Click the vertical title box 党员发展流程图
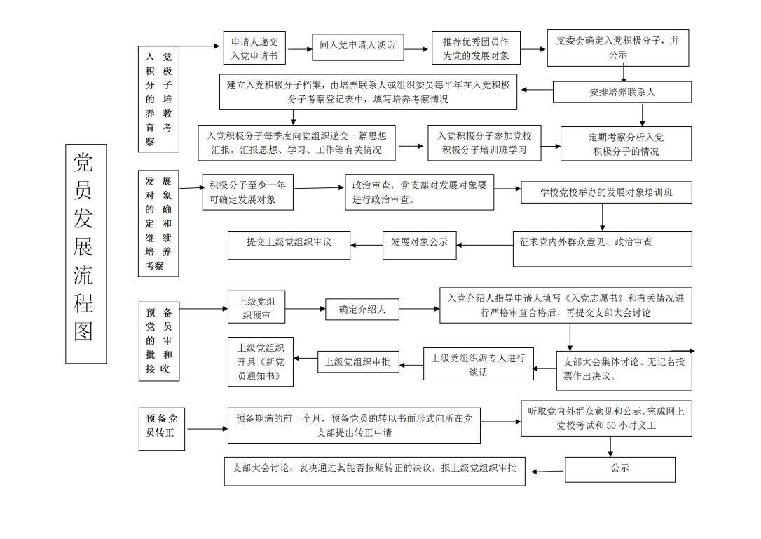pyautogui.click(x=85, y=253)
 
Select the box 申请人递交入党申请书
pyautogui.click(x=255, y=48)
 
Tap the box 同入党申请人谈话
pyautogui.click(x=358, y=46)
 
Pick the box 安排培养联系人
pyautogui.click(x=622, y=92)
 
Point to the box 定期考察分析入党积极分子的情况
pyautogui.click(x=626, y=144)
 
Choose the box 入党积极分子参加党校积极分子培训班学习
pyautogui.click(x=484, y=143)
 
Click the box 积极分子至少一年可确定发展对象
pyautogui.click(x=247, y=192)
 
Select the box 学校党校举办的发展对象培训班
pyautogui.click(x=606, y=192)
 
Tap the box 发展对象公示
pyautogui.click(x=419, y=243)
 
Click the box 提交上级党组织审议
pyautogui.click(x=289, y=244)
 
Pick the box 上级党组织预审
pyautogui.click(x=256, y=308)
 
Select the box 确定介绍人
pyautogui.click(x=362, y=309)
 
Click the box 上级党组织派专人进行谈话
pyautogui.click(x=478, y=364)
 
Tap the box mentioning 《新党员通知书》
pyautogui.click(x=261, y=362)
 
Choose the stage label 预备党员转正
pyautogui.click(x=162, y=425)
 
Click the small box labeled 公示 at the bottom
pyautogui.click(x=619, y=469)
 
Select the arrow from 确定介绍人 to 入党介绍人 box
pyautogui.click(x=419, y=309)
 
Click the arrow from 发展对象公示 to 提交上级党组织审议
pyautogui.click(x=366, y=244)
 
